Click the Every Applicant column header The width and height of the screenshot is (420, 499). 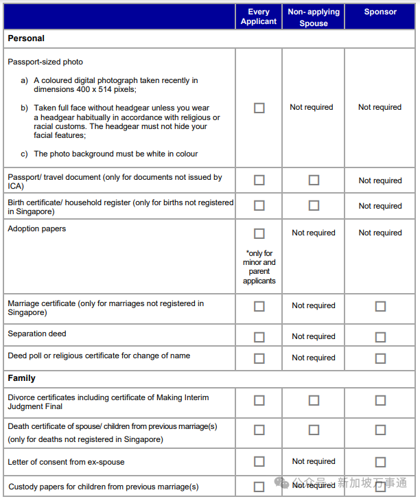tap(258, 16)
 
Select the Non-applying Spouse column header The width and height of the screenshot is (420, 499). tap(313, 17)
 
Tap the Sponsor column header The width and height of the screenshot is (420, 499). tap(380, 12)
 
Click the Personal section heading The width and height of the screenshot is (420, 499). tap(26, 38)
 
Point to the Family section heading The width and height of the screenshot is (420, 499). tap(22, 378)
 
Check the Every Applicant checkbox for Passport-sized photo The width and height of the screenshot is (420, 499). tap(259, 108)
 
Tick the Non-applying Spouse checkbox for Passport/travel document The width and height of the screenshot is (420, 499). tap(314, 181)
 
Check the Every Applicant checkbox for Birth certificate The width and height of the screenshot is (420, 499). tap(259, 205)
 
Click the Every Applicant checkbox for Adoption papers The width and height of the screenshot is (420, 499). tap(259, 233)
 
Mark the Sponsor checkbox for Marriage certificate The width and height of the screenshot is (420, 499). tap(380, 306)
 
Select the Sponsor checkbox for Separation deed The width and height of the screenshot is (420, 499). tap(380, 337)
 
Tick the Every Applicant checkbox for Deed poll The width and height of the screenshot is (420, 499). tap(259, 358)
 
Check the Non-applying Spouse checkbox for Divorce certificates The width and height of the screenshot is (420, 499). tap(314, 401)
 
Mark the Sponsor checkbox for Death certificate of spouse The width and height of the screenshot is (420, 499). tap(380, 430)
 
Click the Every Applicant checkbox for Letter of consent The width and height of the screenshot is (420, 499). tap(259, 462)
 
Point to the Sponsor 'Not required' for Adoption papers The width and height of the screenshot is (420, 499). tap(380, 233)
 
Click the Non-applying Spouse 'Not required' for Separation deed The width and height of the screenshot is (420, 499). tap(314, 336)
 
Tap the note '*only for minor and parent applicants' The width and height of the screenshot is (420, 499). tap(259, 267)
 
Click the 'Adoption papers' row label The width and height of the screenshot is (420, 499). tap(37, 229)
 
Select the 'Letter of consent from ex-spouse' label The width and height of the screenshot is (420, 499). tap(66, 462)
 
